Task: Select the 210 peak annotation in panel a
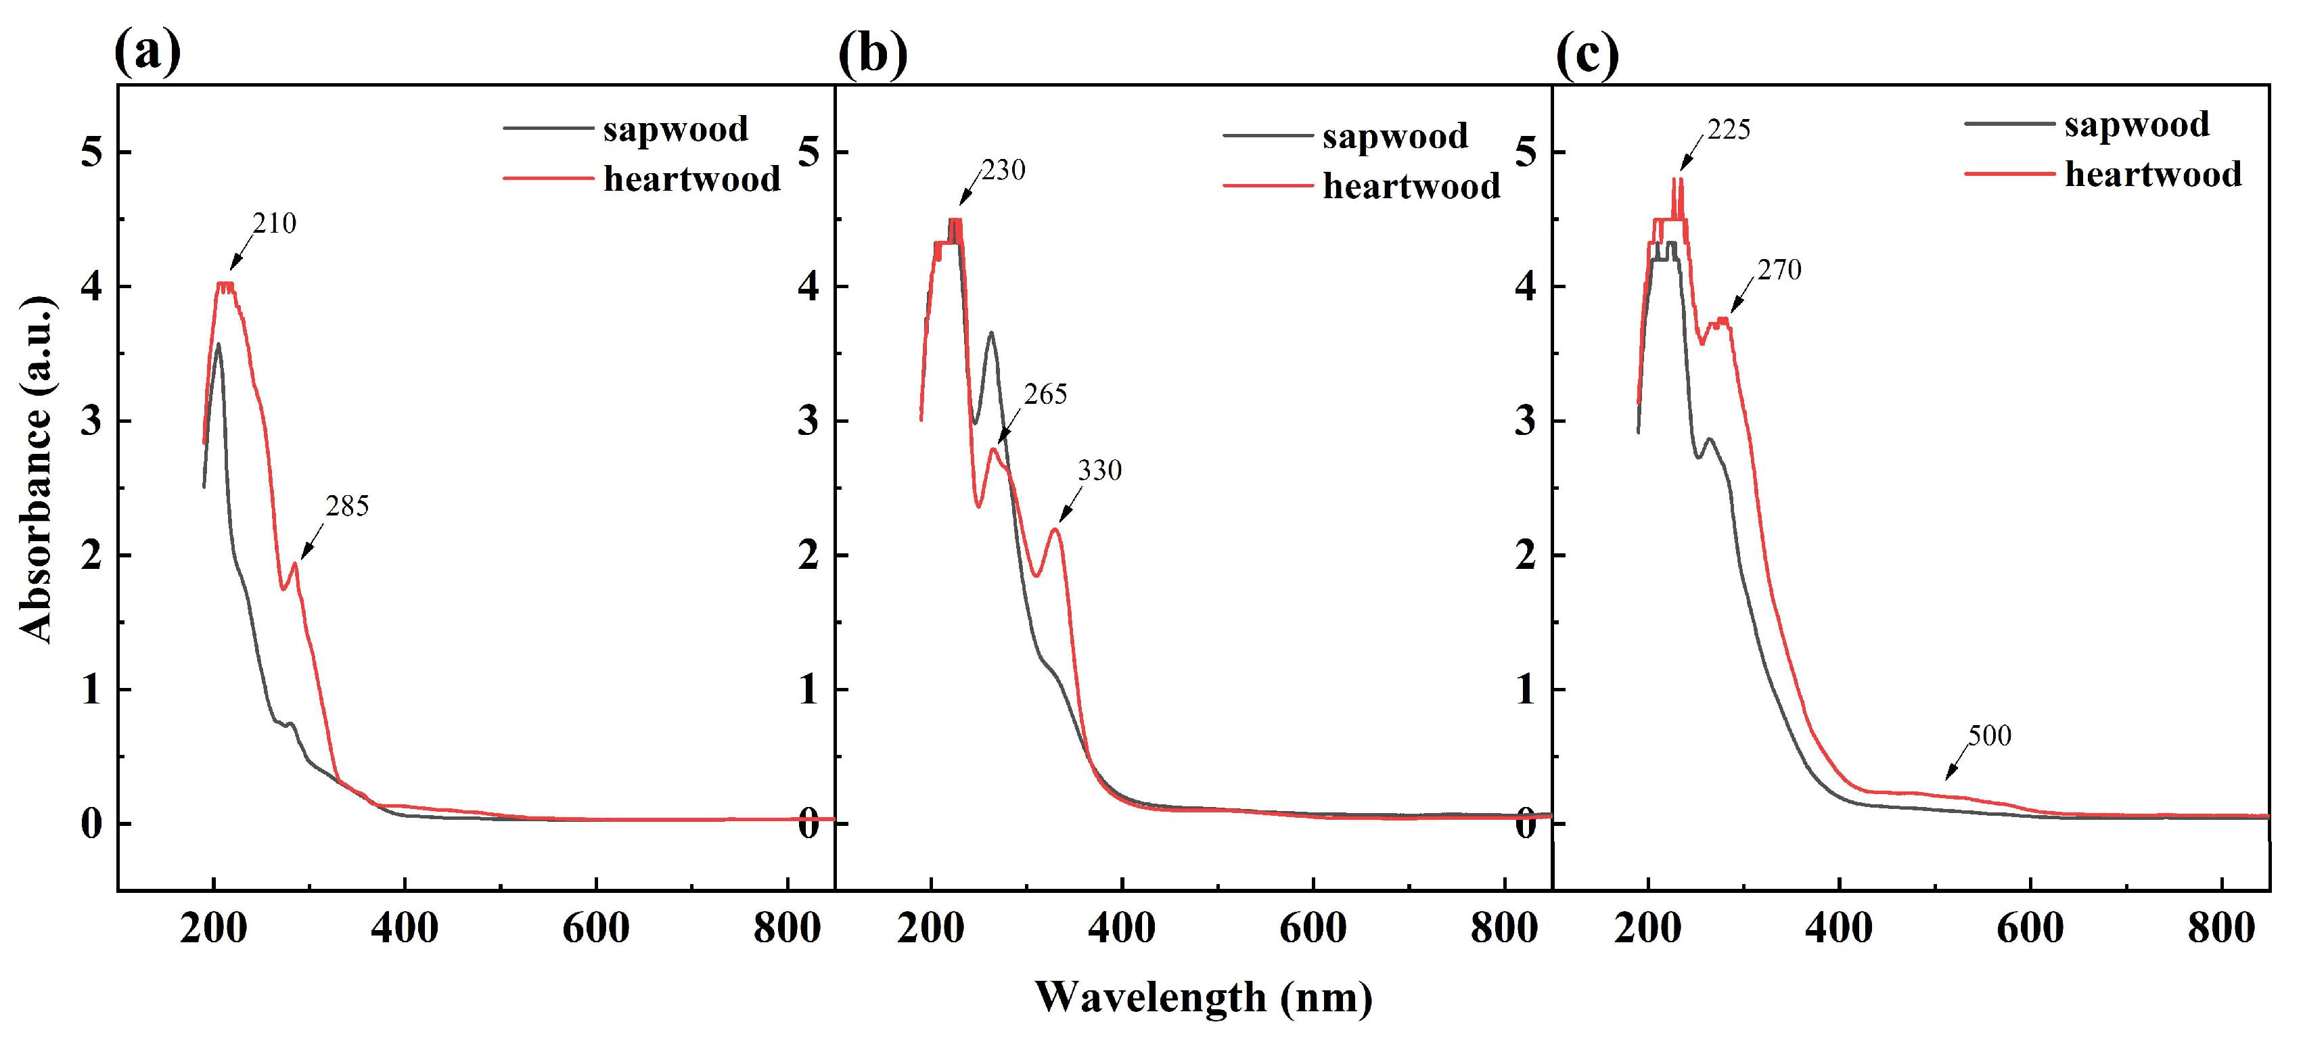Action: (x=273, y=223)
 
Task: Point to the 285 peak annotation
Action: (x=347, y=507)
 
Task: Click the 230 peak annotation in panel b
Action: (x=1003, y=170)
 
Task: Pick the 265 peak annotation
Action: (x=1045, y=394)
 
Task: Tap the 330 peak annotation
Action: (x=1099, y=470)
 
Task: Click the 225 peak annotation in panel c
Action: (x=1728, y=131)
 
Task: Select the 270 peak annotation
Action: (x=1779, y=270)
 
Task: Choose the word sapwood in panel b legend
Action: (x=1394, y=136)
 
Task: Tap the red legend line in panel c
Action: (x=2008, y=172)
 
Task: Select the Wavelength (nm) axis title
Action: (x=1204, y=997)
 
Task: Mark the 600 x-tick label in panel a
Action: (x=595, y=928)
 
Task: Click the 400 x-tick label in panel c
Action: (x=1839, y=928)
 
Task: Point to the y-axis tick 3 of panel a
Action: (x=90, y=421)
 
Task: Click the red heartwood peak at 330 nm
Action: (x=1056, y=530)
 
